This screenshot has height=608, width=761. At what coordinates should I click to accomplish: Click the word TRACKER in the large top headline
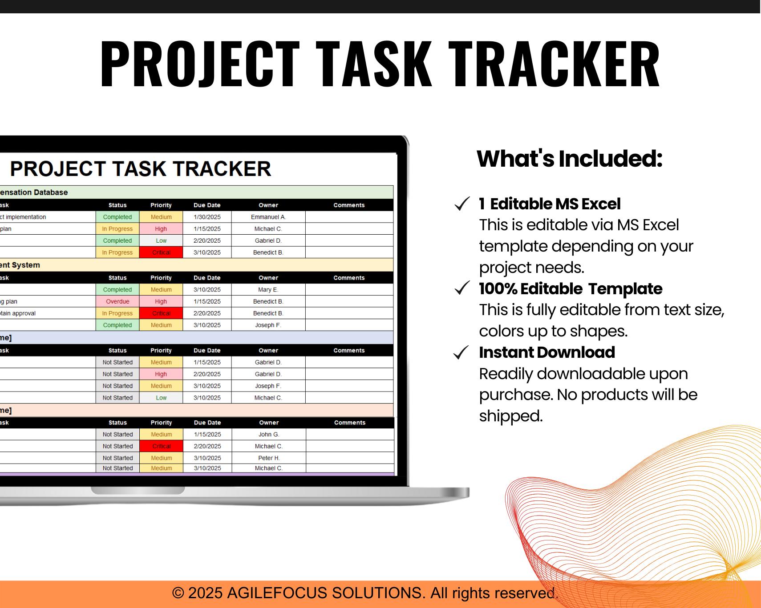[556, 63]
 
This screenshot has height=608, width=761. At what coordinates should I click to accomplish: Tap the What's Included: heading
[569, 159]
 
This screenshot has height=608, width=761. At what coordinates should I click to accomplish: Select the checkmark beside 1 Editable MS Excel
[462, 204]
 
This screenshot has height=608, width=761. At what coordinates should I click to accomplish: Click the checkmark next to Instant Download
[461, 352]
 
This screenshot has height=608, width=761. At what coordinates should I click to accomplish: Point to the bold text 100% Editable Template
[570, 289]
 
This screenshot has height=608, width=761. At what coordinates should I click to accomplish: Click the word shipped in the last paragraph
[510, 416]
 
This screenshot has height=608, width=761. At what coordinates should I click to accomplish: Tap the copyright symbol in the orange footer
[178, 593]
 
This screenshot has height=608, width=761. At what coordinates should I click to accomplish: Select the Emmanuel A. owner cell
[268, 217]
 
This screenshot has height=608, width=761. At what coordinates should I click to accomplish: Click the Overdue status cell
[117, 301]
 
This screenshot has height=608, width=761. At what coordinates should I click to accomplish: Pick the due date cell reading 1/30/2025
[207, 217]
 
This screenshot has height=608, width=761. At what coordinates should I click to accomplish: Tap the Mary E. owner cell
[268, 289]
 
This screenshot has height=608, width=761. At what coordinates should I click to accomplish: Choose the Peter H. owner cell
[269, 458]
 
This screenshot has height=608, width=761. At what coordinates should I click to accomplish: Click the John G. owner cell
[269, 434]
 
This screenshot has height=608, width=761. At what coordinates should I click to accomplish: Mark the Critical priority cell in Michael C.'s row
[161, 446]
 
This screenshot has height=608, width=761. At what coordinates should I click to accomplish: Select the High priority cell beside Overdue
[161, 301]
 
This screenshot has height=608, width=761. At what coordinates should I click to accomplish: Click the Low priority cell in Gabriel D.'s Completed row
[161, 240]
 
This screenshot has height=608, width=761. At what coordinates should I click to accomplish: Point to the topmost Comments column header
[349, 205]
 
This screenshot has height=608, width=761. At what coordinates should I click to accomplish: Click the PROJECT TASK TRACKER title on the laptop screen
[140, 169]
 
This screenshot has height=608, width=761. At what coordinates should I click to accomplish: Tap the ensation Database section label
[34, 192]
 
